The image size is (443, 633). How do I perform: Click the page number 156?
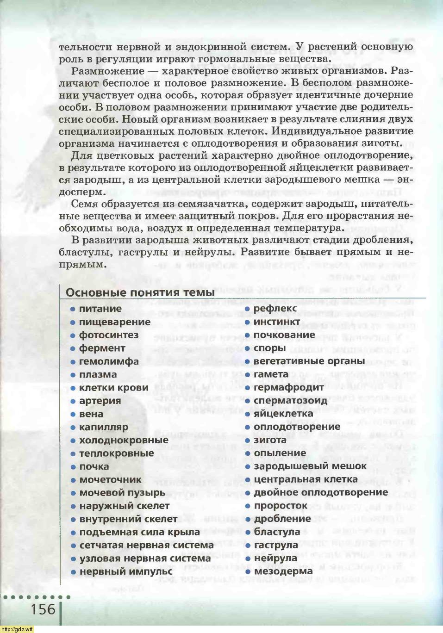click(43, 609)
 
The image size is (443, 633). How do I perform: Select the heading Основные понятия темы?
click(140, 292)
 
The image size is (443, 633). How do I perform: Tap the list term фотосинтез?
click(108, 335)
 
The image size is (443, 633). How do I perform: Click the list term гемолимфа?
click(108, 361)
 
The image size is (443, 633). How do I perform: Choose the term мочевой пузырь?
click(122, 493)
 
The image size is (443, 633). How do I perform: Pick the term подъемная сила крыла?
click(139, 532)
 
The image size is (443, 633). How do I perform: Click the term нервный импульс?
click(125, 571)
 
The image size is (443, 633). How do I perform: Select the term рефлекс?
click(275, 309)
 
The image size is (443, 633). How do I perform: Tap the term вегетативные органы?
click(309, 361)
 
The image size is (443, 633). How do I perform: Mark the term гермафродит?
click(288, 387)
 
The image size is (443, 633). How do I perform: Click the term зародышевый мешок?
click(310, 466)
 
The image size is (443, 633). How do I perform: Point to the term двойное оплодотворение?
click(320, 492)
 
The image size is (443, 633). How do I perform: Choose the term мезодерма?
click(283, 571)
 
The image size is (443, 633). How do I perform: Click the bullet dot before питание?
click(73, 309)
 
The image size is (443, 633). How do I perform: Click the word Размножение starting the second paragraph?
click(108, 71)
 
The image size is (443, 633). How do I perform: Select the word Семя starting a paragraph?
click(84, 204)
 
